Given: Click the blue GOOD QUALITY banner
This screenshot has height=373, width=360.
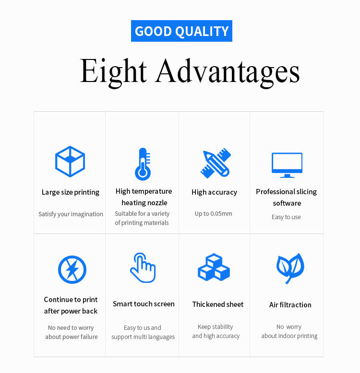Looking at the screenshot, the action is (181, 31).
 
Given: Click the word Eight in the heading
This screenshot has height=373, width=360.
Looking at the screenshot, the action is (113, 72).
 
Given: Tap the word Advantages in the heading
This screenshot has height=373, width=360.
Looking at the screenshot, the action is (228, 72).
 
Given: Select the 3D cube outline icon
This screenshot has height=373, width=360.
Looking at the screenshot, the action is (70, 162).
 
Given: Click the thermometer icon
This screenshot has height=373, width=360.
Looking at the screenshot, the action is (143, 164).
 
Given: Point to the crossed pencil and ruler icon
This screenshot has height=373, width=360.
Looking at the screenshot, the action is (216, 163).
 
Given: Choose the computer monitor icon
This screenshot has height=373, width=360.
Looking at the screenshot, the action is (287, 165).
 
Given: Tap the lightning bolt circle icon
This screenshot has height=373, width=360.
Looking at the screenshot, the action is (72, 269).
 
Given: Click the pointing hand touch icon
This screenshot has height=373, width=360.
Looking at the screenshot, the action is (143, 268).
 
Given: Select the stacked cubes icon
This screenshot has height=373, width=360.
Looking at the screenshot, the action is (214, 267).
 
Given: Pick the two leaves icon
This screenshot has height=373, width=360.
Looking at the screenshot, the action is (290, 268).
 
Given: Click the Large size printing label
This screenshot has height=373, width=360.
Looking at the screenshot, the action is (71, 192).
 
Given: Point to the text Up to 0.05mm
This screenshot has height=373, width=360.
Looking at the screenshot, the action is (213, 214).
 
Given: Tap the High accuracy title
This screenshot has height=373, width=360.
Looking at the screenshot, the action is (214, 192).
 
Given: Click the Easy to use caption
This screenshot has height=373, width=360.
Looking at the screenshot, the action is (286, 217).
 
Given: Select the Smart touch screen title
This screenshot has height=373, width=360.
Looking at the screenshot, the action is (144, 304).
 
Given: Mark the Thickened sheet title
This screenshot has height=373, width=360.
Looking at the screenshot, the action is (218, 304).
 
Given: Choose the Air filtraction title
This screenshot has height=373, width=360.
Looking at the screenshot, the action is (290, 305).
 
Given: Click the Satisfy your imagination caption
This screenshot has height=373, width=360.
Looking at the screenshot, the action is (71, 214).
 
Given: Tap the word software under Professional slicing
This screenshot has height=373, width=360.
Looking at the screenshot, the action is (287, 203).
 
